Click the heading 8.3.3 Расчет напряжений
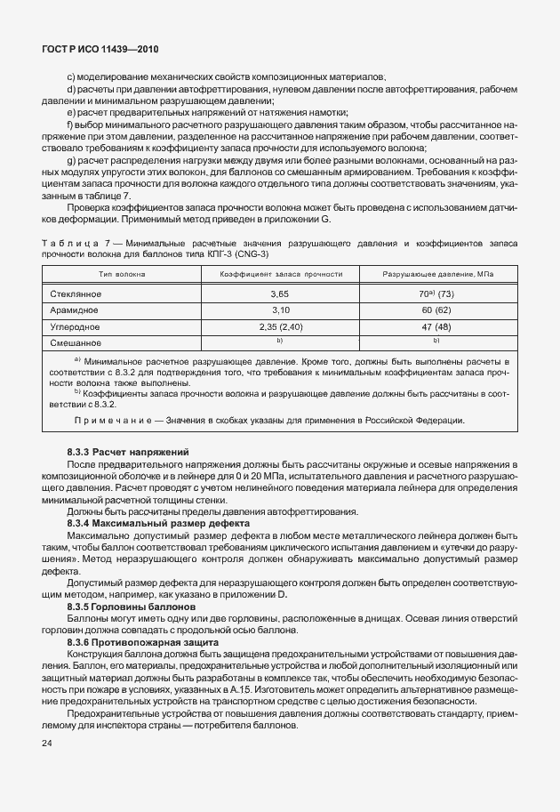pos(128,453)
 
